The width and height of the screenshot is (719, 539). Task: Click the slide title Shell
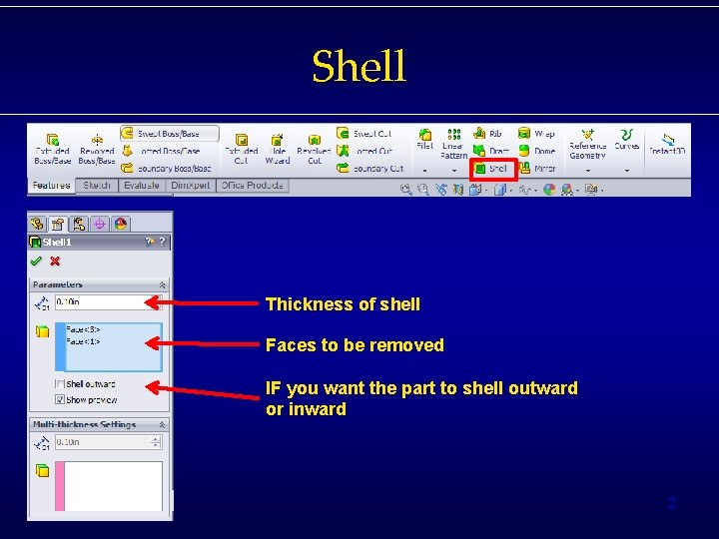[x=359, y=67]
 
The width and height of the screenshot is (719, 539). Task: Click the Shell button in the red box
[x=492, y=169]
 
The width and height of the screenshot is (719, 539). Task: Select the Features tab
[x=51, y=186]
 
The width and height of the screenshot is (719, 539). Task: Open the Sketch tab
[x=97, y=186]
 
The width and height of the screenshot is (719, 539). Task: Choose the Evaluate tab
[x=141, y=186]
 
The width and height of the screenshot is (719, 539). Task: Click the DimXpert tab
[x=190, y=186]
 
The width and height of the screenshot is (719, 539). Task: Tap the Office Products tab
[x=253, y=186]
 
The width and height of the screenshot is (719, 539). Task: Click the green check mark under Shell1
[x=36, y=262]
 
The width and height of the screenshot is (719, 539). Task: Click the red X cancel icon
[x=55, y=262]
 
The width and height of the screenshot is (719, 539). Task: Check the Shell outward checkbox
[x=60, y=384]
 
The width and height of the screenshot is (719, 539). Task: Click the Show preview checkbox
[x=60, y=400]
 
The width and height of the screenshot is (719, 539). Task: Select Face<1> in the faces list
[x=83, y=340]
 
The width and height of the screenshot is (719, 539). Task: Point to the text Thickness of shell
[x=343, y=304]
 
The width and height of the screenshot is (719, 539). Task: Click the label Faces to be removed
[x=355, y=345]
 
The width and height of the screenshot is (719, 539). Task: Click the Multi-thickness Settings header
[x=84, y=424]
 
